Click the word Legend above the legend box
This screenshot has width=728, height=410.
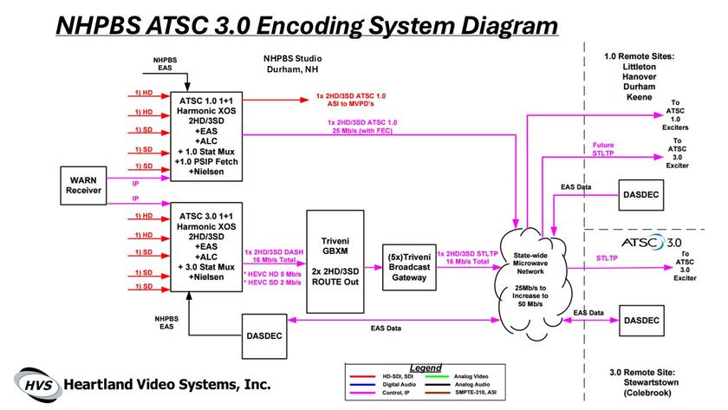425,367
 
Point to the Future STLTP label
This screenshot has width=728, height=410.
605,149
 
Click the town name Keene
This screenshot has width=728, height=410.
640,97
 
